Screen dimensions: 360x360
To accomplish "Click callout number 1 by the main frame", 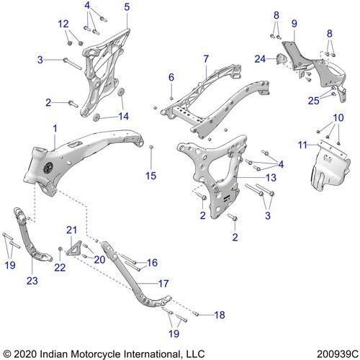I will (54, 127).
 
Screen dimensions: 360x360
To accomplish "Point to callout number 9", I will (294, 24).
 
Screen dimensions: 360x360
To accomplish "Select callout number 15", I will (150, 175).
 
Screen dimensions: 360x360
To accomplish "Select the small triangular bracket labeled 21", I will (73, 246).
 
